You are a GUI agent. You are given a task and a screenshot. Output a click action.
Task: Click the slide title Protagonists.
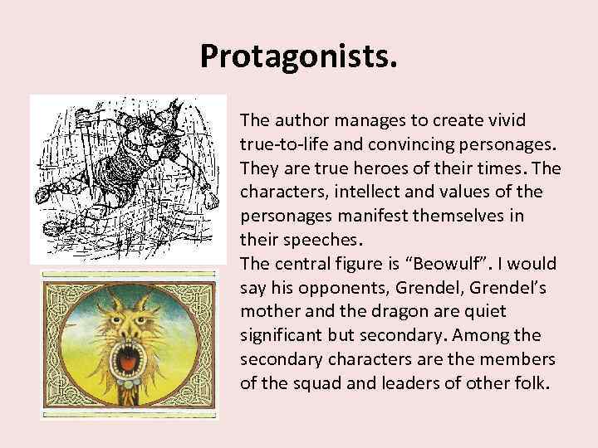coord(299,56)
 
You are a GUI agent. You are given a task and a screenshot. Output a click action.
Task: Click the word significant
coord(282,336)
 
